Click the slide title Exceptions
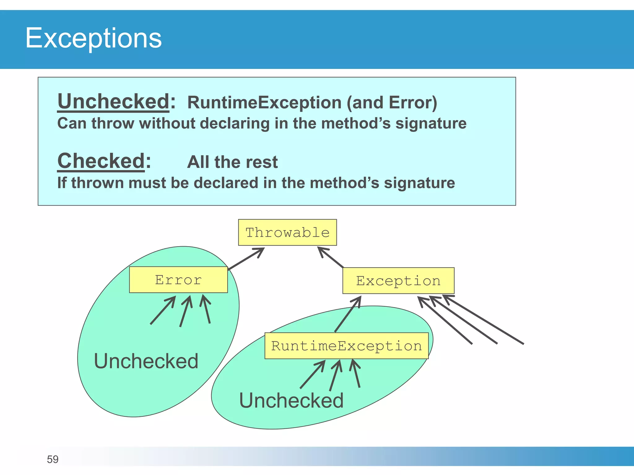click(93, 38)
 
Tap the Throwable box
click(287, 233)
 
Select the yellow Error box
click(178, 280)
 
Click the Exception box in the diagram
click(398, 281)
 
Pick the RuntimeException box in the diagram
click(346, 346)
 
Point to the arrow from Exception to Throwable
click(331, 257)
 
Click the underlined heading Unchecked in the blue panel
click(113, 101)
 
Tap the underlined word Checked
click(101, 161)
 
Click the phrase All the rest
click(232, 162)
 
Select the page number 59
click(53, 459)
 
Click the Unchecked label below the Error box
click(146, 361)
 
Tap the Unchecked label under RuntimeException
click(291, 400)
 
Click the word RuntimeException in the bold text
click(264, 103)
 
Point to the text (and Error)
click(392, 103)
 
